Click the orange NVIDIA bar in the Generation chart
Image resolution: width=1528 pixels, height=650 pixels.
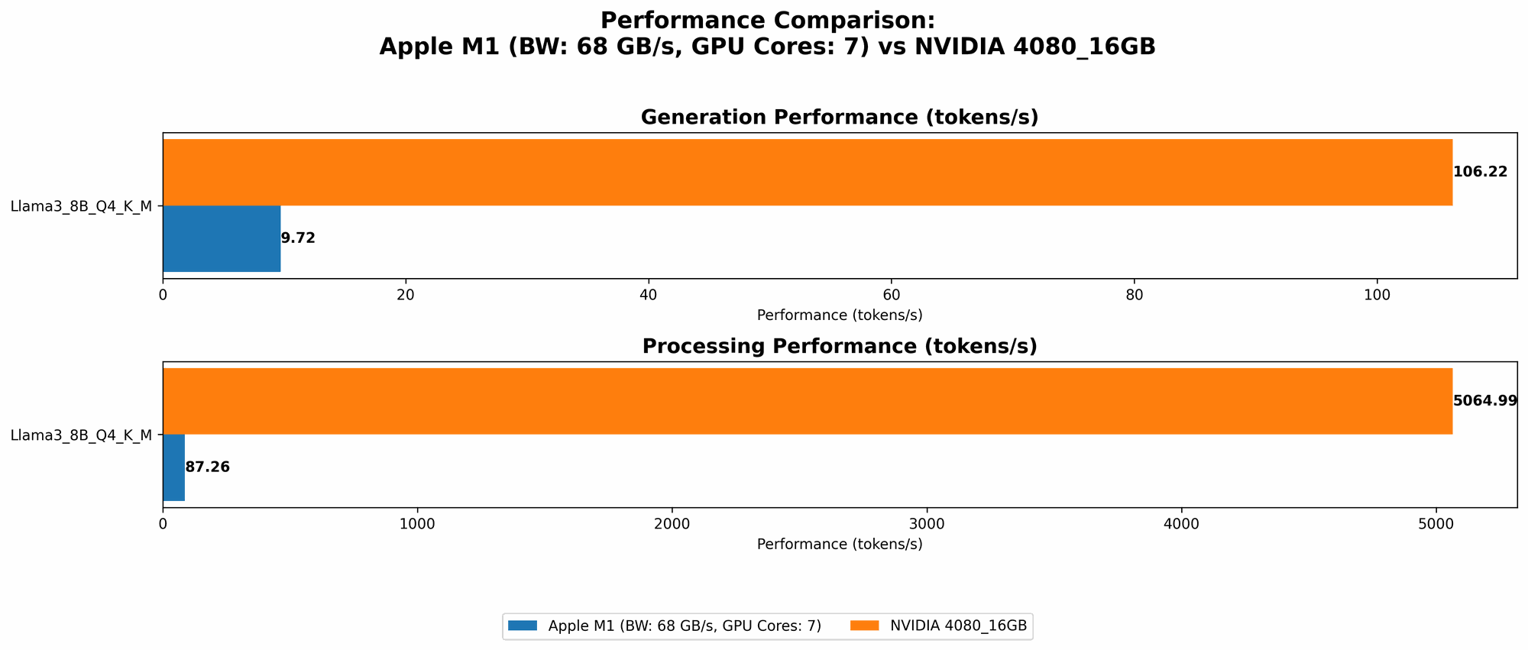[807, 172]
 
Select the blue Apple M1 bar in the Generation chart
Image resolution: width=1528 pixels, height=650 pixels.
[222, 238]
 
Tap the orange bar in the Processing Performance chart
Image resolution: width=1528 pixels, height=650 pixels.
[807, 401]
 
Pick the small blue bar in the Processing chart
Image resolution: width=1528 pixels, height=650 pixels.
[174, 467]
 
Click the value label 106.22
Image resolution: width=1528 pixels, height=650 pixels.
[1480, 172]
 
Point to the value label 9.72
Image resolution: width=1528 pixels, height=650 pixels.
[298, 238]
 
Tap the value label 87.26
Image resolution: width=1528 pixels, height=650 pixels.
[207, 467]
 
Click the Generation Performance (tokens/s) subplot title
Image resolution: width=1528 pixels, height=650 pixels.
[839, 118]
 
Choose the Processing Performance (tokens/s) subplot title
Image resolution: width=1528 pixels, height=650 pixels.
[839, 347]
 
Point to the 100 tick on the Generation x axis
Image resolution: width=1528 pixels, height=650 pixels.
[1377, 295]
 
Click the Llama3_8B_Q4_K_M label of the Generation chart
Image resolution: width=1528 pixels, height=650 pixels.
[81, 205]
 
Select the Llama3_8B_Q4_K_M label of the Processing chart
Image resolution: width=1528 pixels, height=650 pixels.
[81, 435]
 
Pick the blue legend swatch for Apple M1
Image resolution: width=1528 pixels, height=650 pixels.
[524, 626]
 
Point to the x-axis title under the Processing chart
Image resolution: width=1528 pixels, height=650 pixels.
[839, 545]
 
